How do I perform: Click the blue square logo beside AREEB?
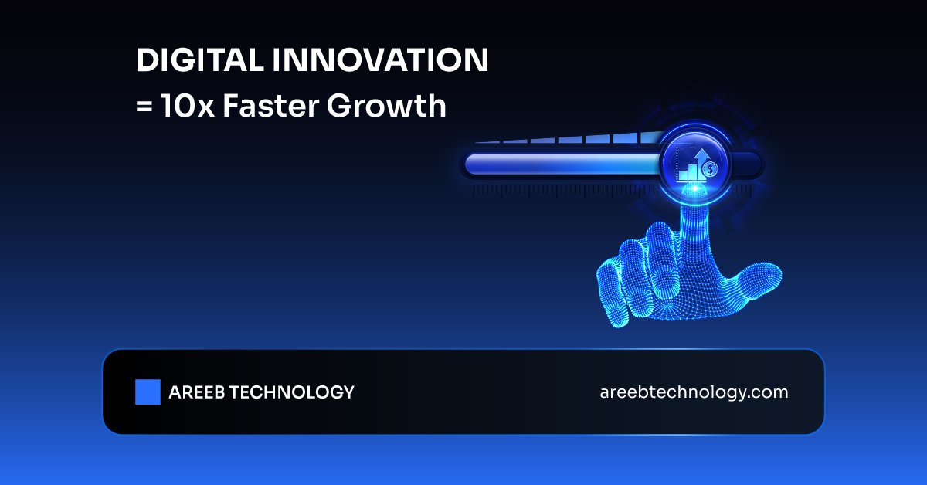148,392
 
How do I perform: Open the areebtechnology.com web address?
694,392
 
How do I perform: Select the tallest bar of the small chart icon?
702,170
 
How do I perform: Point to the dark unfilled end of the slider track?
747,164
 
